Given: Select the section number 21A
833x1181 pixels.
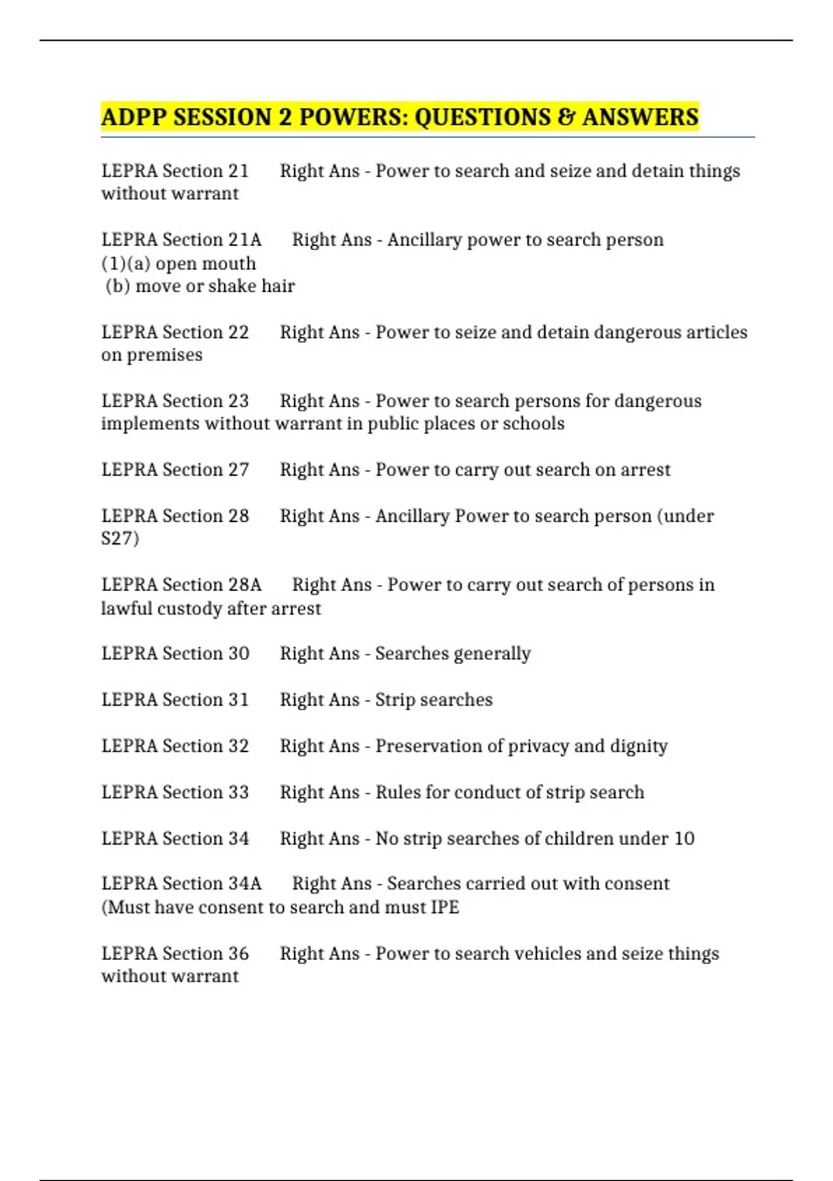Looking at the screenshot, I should coord(245,240).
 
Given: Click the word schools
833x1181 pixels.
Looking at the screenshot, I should coord(533,424).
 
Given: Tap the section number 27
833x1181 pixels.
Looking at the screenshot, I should coord(238,470).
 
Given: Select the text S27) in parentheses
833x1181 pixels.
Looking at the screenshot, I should coord(120,538).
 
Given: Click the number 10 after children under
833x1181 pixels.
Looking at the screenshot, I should coord(684,839).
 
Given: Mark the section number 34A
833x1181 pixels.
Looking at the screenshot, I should coord(245,884).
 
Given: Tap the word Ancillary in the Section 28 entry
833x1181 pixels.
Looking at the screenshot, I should coord(412,516).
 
